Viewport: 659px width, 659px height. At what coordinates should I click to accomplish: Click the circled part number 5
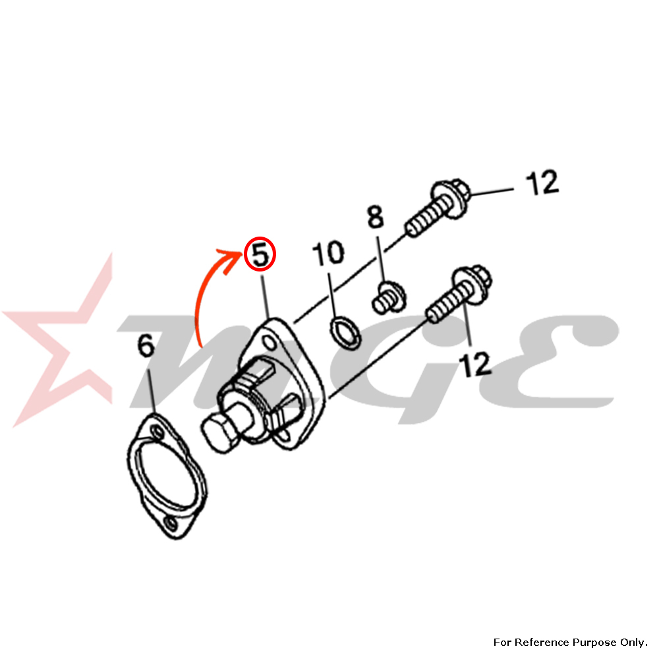pyautogui.click(x=260, y=254)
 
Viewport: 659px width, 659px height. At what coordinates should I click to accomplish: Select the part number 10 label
pyautogui.click(x=328, y=253)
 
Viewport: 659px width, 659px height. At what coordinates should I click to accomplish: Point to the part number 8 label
pyautogui.click(x=376, y=217)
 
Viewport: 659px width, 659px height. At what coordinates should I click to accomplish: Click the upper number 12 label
pyautogui.click(x=542, y=183)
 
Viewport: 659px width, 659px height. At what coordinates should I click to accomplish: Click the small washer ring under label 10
pyautogui.click(x=345, y=333)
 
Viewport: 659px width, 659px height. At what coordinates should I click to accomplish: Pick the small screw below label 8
pyautogui.click(x=389, y=297)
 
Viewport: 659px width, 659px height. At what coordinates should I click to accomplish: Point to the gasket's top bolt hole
pyautogui.click(x=158, y=432)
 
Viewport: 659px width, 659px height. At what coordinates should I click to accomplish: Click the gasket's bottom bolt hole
pyautogui.click(x=171, y=523)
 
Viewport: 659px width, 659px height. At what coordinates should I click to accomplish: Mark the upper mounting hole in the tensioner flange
pyautogui.click(x=270, y=343)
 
